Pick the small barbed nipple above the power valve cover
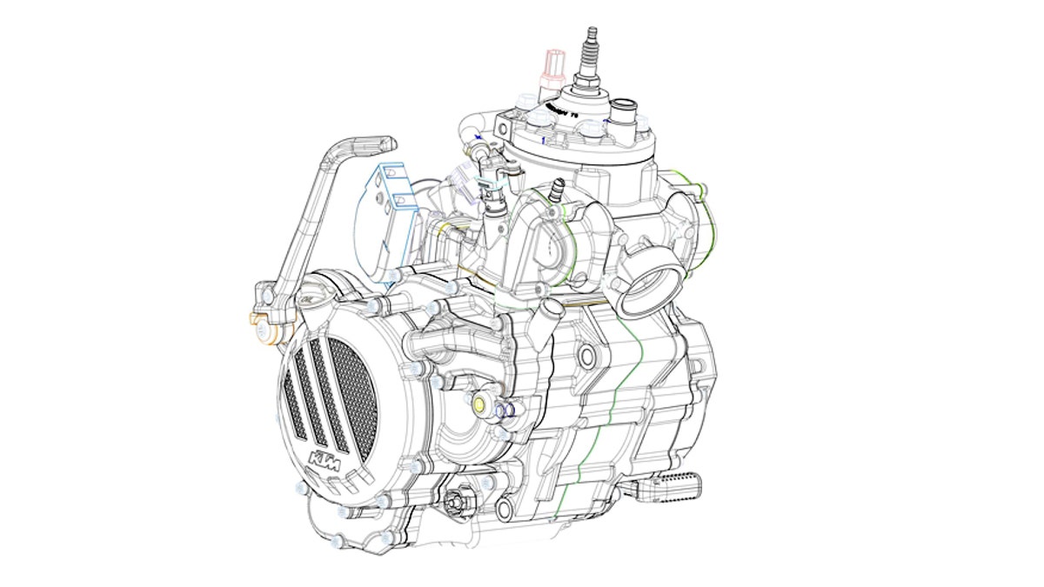tap(559, 187)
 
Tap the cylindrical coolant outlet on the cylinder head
tap(623, 114)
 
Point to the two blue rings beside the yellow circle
tap(505, 410)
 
